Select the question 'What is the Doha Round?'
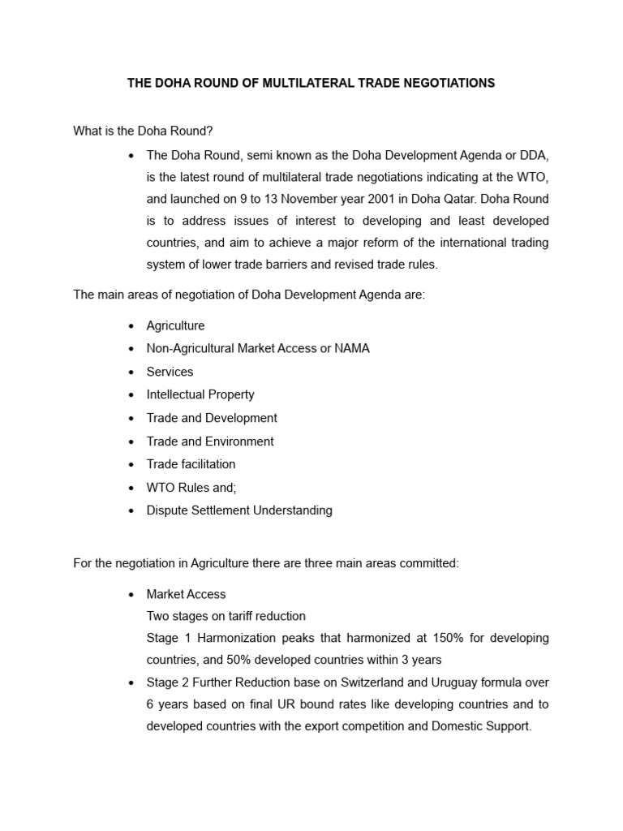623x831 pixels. tap(143, 131)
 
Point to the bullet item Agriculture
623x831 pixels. tap(175, 325)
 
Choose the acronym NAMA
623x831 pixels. tap(353, 348)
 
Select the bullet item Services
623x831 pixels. tap(170, 372)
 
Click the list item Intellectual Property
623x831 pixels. tap(200, 394)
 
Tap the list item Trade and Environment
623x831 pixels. tap(210, 441)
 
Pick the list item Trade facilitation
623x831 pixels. tap(191, 464)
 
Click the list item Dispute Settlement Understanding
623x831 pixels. tap(239, 510)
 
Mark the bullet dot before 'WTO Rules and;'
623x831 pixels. tap(131, 488)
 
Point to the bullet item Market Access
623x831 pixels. tap(186, 594)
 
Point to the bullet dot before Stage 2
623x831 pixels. tap(131, 682)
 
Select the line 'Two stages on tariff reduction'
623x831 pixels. tap(226, 616)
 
